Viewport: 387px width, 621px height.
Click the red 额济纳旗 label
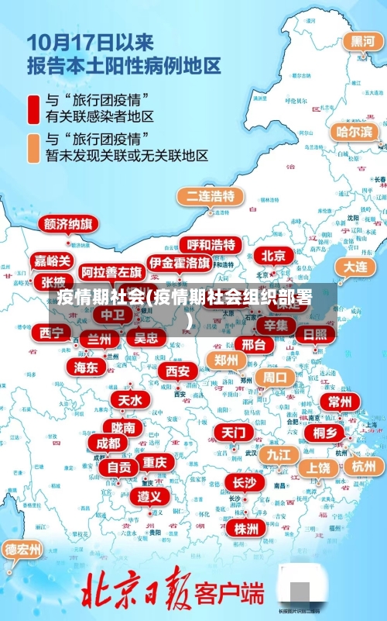(x=69, y=224)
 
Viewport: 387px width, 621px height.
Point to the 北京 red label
(x=272, y=256)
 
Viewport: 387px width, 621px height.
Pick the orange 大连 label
(x=355, y=266)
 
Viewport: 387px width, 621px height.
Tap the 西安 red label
(x=178, y=371)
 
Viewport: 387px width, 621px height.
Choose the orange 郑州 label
(x=226, y=360)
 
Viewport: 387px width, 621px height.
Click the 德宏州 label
(x=23, y=550)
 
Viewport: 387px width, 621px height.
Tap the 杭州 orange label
(x=363, y=466)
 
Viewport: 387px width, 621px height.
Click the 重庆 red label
(x=155, y=462)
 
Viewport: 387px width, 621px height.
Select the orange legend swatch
(x=33, y=147)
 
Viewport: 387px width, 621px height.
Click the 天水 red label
(x=129, y=400)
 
